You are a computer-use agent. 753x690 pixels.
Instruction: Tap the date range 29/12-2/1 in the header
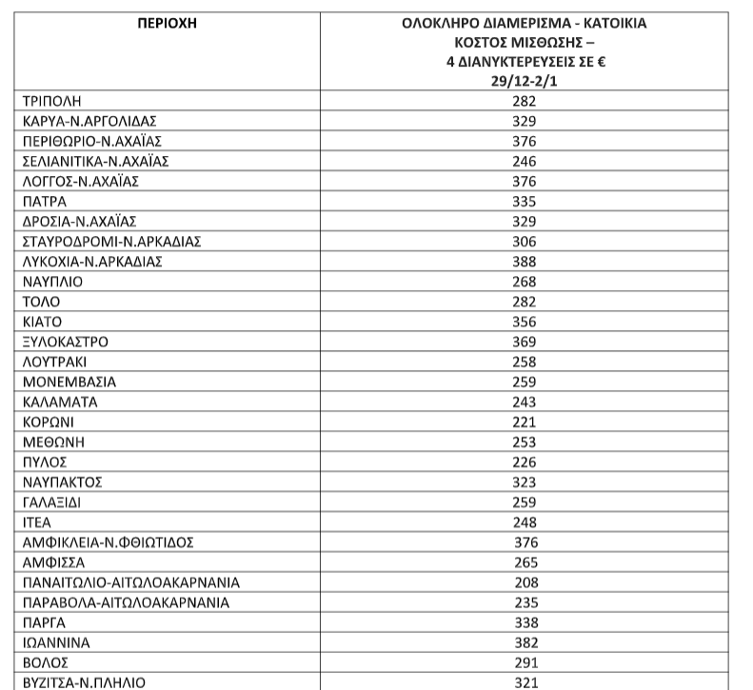525,82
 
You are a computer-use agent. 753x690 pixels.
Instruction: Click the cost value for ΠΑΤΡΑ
525,201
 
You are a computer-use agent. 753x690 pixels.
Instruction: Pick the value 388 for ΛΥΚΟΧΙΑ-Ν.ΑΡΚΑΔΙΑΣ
525,261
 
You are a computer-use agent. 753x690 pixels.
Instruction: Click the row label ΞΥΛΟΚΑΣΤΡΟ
65,342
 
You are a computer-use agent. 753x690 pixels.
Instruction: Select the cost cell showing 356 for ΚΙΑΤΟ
525,322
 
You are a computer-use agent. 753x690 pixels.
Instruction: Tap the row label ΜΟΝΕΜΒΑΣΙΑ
68,382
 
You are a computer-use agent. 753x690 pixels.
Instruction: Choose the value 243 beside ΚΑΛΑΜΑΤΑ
525,402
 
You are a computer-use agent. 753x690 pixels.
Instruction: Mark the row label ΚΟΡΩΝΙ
48,422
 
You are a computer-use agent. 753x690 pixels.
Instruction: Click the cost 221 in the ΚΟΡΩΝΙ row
525,422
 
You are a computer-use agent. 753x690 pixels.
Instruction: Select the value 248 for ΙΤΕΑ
525,522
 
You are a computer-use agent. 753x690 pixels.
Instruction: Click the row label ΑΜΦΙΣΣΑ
53,562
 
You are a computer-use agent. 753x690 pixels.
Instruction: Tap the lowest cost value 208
525,582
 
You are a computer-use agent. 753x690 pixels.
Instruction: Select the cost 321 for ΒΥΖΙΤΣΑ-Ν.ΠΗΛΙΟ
525,681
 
